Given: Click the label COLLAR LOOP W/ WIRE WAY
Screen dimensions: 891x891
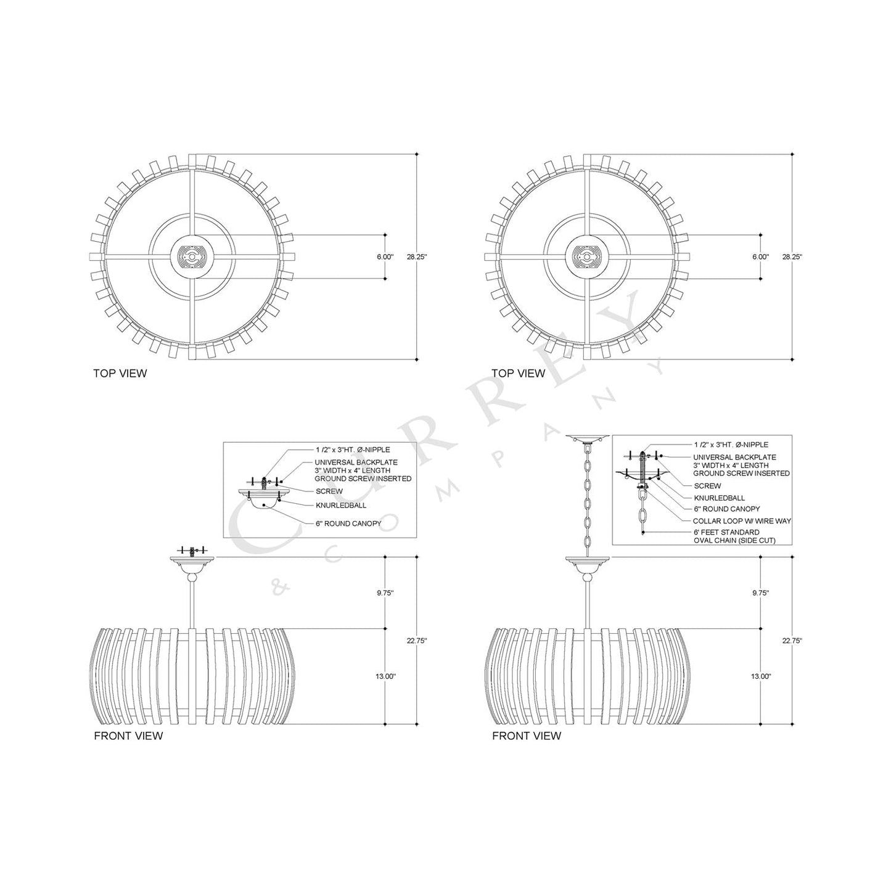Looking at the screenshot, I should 742,521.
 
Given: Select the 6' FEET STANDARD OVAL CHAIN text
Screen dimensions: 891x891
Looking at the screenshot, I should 734,536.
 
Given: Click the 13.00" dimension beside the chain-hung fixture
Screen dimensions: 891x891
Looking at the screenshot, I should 760,676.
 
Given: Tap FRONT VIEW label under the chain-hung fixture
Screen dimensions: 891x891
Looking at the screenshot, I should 527,736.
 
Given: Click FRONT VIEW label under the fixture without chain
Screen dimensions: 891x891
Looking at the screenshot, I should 128,736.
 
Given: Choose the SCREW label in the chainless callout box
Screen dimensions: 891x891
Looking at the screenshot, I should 329,491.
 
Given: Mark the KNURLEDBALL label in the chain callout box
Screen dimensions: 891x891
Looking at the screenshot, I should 719,498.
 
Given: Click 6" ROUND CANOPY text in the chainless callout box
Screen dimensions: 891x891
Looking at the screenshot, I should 348,524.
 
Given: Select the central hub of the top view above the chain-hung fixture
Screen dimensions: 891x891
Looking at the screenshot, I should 587,257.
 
